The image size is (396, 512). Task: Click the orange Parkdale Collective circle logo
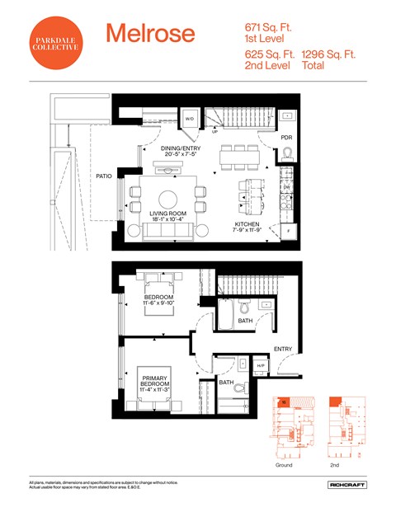[56, 44]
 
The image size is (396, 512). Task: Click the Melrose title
[150, 34]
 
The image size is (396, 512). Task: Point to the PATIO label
[103, 176]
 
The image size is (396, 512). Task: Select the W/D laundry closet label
[189, 119]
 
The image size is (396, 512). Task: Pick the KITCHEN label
[247, 224]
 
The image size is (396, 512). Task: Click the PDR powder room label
[286, 137]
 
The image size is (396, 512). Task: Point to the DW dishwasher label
[286, 188]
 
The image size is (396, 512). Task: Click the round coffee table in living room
[168, 198]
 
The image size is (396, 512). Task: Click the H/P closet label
[262, 366]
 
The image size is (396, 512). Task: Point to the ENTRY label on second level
[283, 349]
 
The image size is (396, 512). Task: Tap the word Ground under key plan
[283, 465]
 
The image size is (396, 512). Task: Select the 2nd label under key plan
[336, 465]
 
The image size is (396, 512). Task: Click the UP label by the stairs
[215, 132]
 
